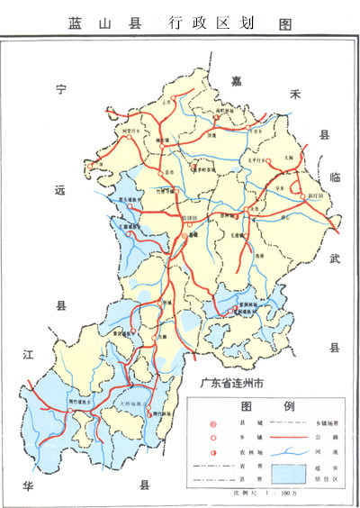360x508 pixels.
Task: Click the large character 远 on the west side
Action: click(x=61, y=190)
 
